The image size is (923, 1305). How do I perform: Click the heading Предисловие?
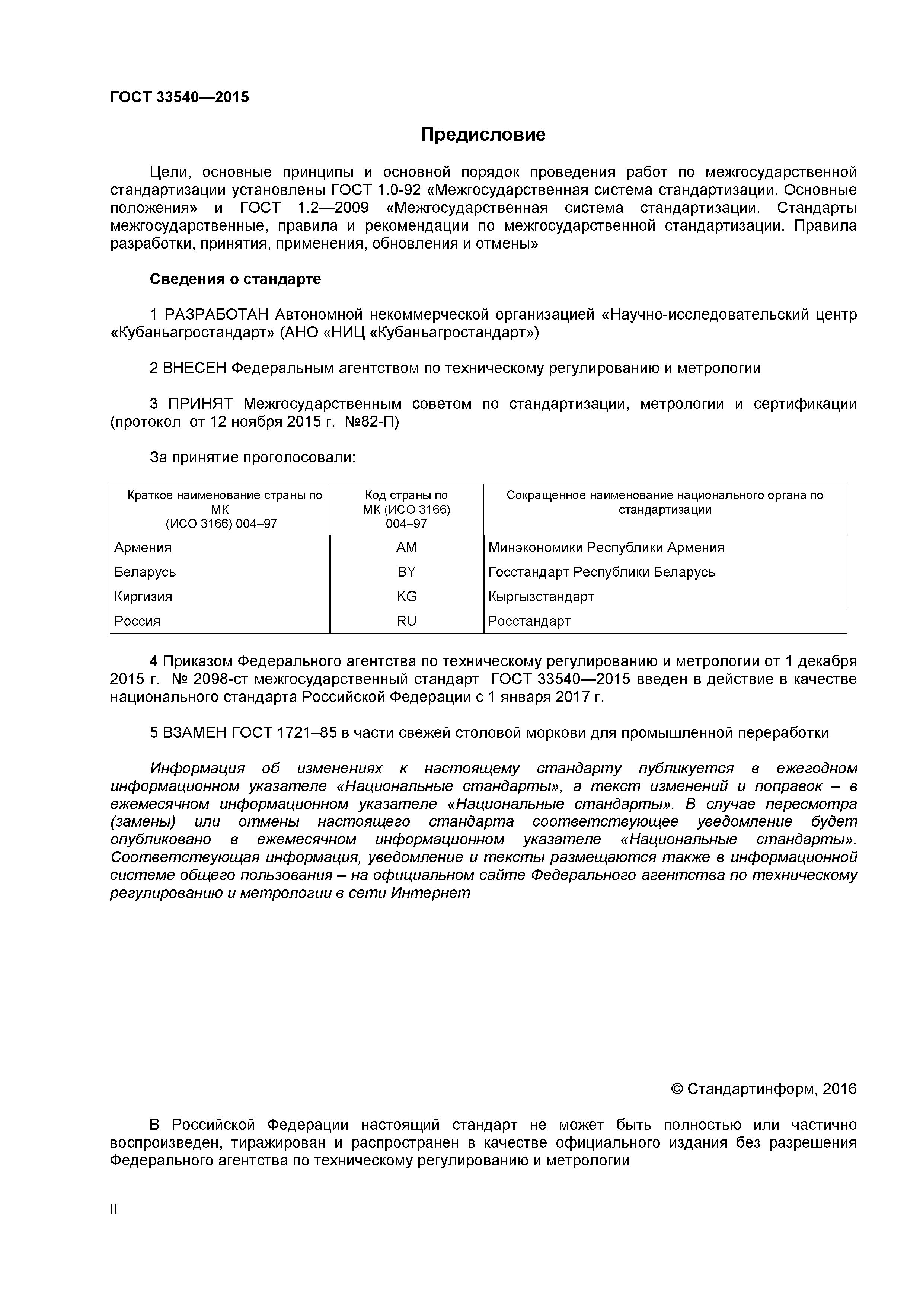coord(483,135)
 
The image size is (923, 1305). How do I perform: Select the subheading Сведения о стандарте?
coord(235,279)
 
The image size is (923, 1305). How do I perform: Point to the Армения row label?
coord(143,547)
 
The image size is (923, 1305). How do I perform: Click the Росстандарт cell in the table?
coord(529,621)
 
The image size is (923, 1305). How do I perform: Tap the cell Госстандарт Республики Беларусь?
coord(601,572)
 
